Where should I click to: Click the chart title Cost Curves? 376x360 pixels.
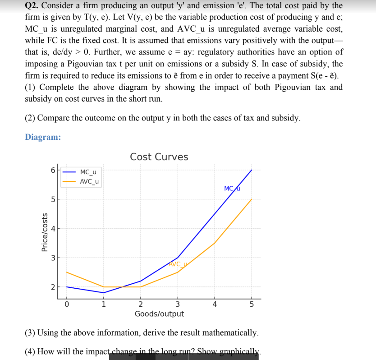[159, 157]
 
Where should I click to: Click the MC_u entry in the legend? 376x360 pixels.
[88, 172]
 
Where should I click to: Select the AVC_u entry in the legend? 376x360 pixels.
[90, 181]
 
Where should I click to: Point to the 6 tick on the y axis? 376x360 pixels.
[53, 171]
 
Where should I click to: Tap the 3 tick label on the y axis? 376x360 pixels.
[53, 258]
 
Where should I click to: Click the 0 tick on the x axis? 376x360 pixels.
[67, 304]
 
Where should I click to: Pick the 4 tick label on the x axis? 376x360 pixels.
[215, 304]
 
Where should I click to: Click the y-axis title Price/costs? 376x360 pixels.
[45, 232]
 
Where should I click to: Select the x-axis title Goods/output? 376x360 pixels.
[159, 314]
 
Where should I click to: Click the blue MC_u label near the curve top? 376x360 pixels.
[232, 188]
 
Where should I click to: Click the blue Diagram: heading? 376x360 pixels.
[43, 137]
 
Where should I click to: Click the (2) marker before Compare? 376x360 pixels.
[30, 118]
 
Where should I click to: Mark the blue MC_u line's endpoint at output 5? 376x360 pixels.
[252, 170]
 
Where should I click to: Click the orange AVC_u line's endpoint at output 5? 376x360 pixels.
[252, 199]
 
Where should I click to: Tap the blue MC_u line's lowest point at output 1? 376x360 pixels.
[104, 293]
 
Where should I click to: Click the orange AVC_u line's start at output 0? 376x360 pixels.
[67, 272]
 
